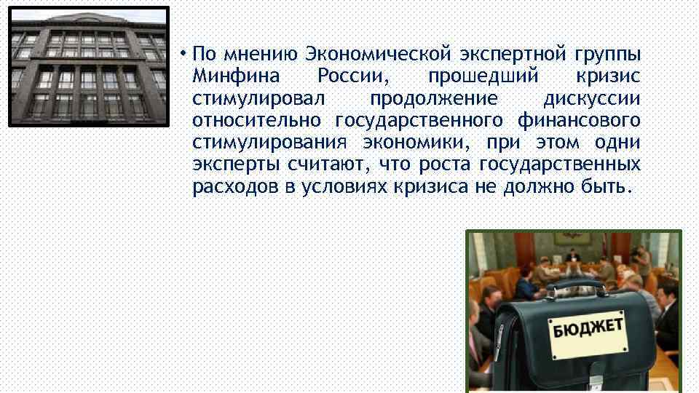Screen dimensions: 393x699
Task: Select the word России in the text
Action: click(x=347, y=76)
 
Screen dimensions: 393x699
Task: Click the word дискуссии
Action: click(x=591, y=98)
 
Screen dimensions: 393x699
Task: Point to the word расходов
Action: click(x=234, y=186)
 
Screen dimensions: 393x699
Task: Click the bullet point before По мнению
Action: click(x=186, y=55)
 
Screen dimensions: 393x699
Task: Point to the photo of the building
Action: click(x=89, y=65)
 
